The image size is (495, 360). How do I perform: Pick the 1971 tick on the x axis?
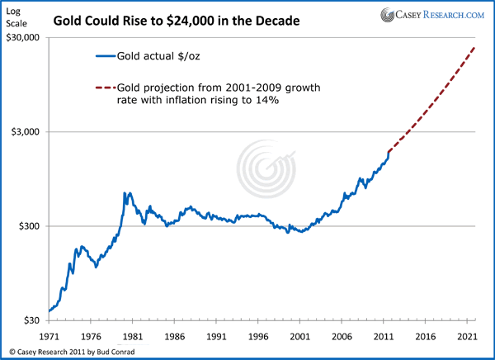click(x=49, y=337)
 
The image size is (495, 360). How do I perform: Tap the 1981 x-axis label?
click(x=134, y=337)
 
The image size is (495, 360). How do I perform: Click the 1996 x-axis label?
click(x=259, y=337)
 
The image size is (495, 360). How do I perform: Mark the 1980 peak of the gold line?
click(x=125, y=193)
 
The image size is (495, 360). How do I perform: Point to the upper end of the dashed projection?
click(x=476, y=48)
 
